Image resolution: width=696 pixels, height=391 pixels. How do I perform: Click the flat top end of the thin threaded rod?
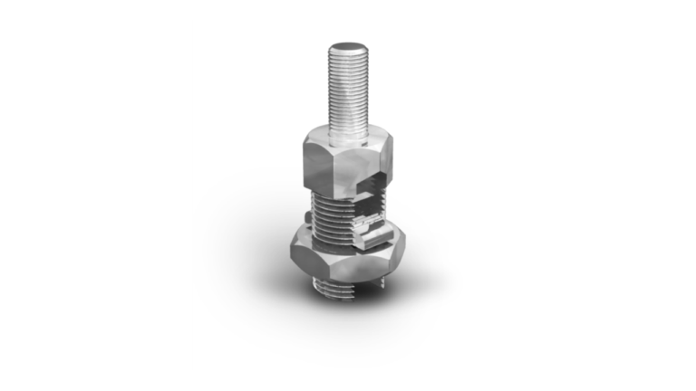click(x=347, y=46)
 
